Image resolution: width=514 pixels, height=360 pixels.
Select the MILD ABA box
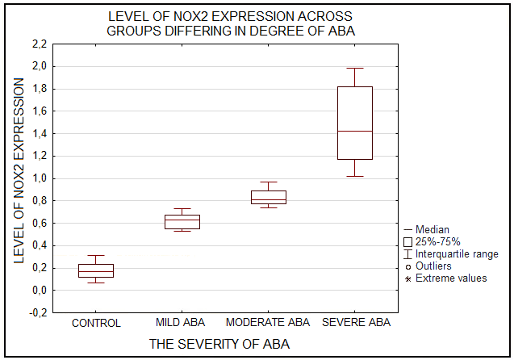[182, 222]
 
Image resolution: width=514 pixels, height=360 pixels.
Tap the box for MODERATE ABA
[269, 197]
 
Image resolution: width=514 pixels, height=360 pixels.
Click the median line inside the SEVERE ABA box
[355, 131]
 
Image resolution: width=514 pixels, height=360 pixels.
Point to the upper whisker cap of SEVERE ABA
[355, 69]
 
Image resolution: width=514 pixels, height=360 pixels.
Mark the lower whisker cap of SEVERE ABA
[355, 176]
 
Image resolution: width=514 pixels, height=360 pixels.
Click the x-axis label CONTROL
[96, 323]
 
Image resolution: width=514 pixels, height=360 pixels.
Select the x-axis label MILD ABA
[181, 323]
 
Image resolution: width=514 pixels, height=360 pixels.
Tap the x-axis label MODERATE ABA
[268, 323]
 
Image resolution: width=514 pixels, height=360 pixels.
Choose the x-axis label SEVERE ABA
[356, 323]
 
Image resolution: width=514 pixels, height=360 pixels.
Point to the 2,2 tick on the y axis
[39, 44]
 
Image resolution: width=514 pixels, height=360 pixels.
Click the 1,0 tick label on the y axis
[39, 178]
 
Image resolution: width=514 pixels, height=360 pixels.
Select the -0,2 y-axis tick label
[37, 312]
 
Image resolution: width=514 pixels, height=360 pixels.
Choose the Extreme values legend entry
[451, 278]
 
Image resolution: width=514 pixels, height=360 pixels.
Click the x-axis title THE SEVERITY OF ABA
[219, 345]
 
